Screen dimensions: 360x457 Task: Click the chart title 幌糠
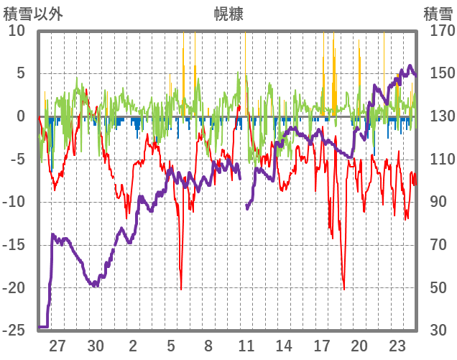click(228, 14)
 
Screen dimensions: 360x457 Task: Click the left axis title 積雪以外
click(34, 14)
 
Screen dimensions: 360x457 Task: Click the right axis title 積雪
click(438, 14)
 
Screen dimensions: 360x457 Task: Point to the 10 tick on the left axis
click(16, 31)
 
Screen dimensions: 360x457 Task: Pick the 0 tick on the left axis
click(20, 116)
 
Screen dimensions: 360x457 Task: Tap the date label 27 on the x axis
click(57, 346)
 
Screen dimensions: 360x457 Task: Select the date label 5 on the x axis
click(171, 346)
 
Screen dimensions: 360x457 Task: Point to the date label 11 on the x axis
click(246, 346)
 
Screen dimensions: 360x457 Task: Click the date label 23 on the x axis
click(397, 346)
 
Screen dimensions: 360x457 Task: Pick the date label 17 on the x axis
click(322, 346)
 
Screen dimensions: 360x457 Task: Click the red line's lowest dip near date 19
click(344, 288)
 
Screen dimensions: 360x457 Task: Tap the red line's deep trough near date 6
click(181, 288)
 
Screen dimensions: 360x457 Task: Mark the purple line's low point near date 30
click(94, 285)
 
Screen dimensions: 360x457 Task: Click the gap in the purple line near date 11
click(244, 190)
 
